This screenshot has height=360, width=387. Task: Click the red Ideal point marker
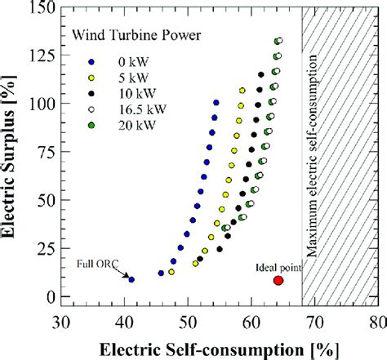278,280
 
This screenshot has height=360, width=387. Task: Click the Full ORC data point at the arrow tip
131,280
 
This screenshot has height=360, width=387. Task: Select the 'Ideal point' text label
277,267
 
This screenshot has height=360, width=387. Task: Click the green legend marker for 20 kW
92,124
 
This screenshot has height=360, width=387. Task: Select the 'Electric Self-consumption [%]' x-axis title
219,349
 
